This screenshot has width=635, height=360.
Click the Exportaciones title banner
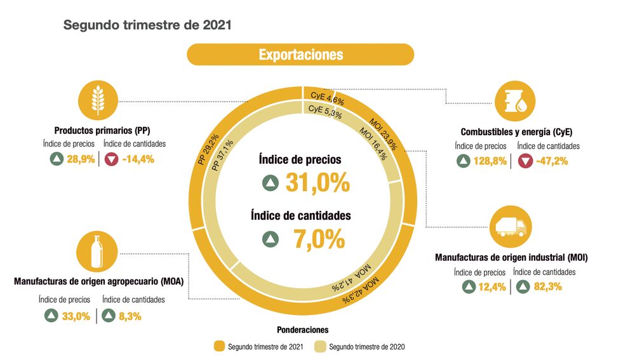(300, 55)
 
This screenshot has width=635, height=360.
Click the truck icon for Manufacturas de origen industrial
(512, 226)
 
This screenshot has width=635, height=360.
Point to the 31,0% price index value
(317, 183)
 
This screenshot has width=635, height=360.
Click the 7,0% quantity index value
(319, 239)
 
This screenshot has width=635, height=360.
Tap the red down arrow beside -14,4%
(112, 159)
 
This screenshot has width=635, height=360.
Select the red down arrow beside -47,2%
(525, 161)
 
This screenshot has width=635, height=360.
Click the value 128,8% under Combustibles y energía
(490, 161)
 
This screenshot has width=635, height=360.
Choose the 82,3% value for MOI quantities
(546, 287)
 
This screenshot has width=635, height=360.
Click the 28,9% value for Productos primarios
(81, 159)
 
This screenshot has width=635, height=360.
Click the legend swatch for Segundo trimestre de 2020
(320, 347)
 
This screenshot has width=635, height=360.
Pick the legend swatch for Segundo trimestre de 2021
(219, 347)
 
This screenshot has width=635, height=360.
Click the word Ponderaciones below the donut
(303, 330)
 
